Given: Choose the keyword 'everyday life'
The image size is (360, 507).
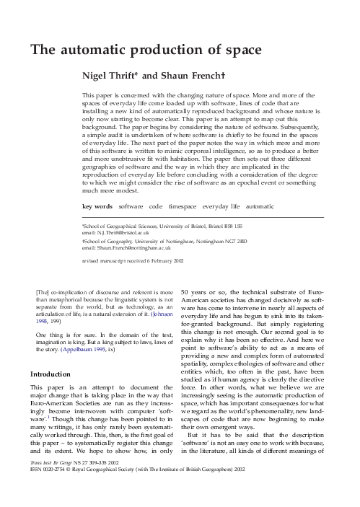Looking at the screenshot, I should pyautogui.click(x=226, y=206).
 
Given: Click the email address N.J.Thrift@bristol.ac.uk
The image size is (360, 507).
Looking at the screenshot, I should pyautogui.click(x=126, y=233).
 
